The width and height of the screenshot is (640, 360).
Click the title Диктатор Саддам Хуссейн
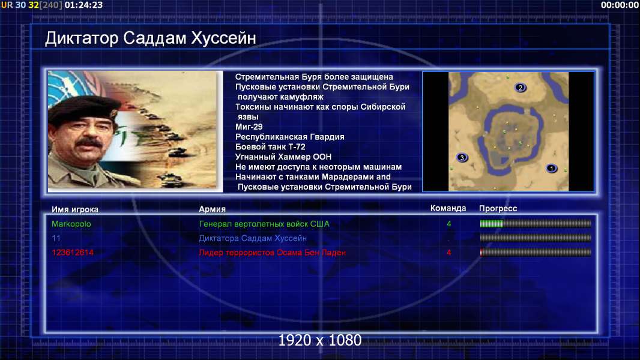tap(151, 38)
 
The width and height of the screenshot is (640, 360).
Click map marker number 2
tap(520, 88)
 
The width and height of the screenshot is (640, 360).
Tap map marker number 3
tap(462, 157)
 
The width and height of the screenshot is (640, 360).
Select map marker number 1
tap(551, 169)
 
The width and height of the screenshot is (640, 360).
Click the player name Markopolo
tap(71, 224)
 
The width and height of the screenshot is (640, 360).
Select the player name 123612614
tap(72, 253)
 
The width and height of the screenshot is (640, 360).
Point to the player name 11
tap(56, 238)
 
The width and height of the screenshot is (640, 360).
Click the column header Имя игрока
tap(74, 209)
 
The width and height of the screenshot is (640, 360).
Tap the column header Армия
tap(213, 209)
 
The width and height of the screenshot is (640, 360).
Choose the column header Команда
tap(448, 208)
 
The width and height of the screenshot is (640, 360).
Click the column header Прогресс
tap(498, 208)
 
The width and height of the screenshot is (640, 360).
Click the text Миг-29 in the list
tap(249, 127)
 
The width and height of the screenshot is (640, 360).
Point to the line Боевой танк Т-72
tap(270, 147)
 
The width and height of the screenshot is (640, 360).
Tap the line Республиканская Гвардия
tap(290, 137)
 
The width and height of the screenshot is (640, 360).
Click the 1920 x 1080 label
tap(319, 340)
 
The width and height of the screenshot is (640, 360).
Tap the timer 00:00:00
tap(620, 5)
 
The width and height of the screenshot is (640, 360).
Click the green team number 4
tap(449, 224)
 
